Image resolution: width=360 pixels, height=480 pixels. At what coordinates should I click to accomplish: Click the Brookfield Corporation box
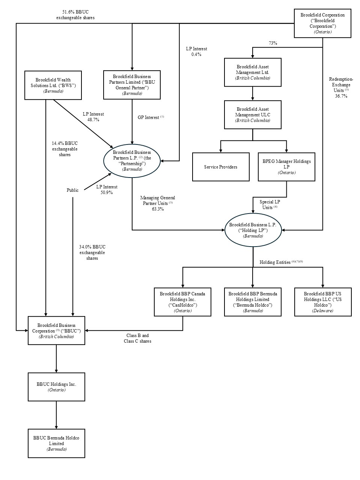322,24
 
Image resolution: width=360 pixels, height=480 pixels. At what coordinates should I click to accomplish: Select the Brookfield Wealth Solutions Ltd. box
53,85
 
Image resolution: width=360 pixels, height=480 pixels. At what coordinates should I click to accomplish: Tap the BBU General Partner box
132,85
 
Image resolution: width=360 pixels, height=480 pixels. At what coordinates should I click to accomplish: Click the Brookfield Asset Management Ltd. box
252,72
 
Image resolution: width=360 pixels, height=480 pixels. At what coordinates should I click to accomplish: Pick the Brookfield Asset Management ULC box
252,115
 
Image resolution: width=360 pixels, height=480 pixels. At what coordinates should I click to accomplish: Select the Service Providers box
220,167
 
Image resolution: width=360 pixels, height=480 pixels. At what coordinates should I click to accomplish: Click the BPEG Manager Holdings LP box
286,167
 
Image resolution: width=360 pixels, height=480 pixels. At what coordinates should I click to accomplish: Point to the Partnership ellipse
132,161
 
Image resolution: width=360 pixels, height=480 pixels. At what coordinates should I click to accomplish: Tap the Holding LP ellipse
253,230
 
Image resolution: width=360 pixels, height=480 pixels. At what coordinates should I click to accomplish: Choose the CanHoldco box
182,302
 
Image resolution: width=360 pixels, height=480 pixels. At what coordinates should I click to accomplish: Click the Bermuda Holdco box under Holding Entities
252,302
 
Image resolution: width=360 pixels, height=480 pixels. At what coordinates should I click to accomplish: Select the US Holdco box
323,302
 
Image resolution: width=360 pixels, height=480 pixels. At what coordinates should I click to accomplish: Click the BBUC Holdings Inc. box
56,387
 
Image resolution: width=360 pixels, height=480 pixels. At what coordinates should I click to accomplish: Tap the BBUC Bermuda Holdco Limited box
56,444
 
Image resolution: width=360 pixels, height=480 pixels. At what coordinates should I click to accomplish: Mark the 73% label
273,43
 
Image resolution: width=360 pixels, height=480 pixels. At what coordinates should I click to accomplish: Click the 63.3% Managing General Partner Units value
157,209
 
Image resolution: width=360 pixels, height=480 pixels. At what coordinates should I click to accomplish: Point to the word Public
72,190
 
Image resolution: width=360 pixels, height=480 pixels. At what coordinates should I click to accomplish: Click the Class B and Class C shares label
137,339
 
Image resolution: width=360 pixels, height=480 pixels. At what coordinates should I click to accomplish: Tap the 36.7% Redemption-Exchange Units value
341,96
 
